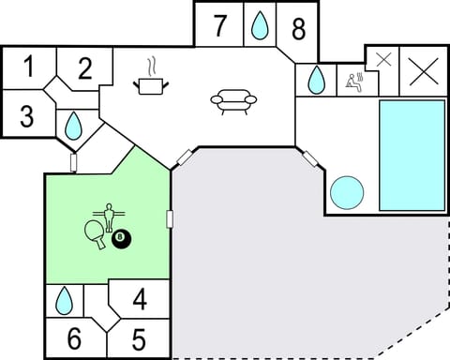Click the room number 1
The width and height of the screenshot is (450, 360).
click(29, 67)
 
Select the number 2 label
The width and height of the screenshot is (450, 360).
click(84, 68)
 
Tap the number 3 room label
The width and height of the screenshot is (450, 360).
click(26, 117)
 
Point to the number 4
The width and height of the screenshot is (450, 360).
click(139, 301)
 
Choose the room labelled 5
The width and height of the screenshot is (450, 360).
click(139, 337)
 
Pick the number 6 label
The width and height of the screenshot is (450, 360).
click(74, 337)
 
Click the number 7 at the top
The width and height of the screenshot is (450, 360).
click(219, 26)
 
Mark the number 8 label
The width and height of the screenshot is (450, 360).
click(298, 29)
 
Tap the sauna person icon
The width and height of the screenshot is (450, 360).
click(354, 81)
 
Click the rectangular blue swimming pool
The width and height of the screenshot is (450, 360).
click(412, 155)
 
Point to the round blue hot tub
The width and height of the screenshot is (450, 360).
click(348, 193)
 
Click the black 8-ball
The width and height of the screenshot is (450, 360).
click(122, 239)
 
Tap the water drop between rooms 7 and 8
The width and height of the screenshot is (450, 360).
click(260, 26)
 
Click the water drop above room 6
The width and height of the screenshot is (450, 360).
click(64, 301)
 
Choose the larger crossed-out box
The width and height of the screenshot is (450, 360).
click(424, 71)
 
